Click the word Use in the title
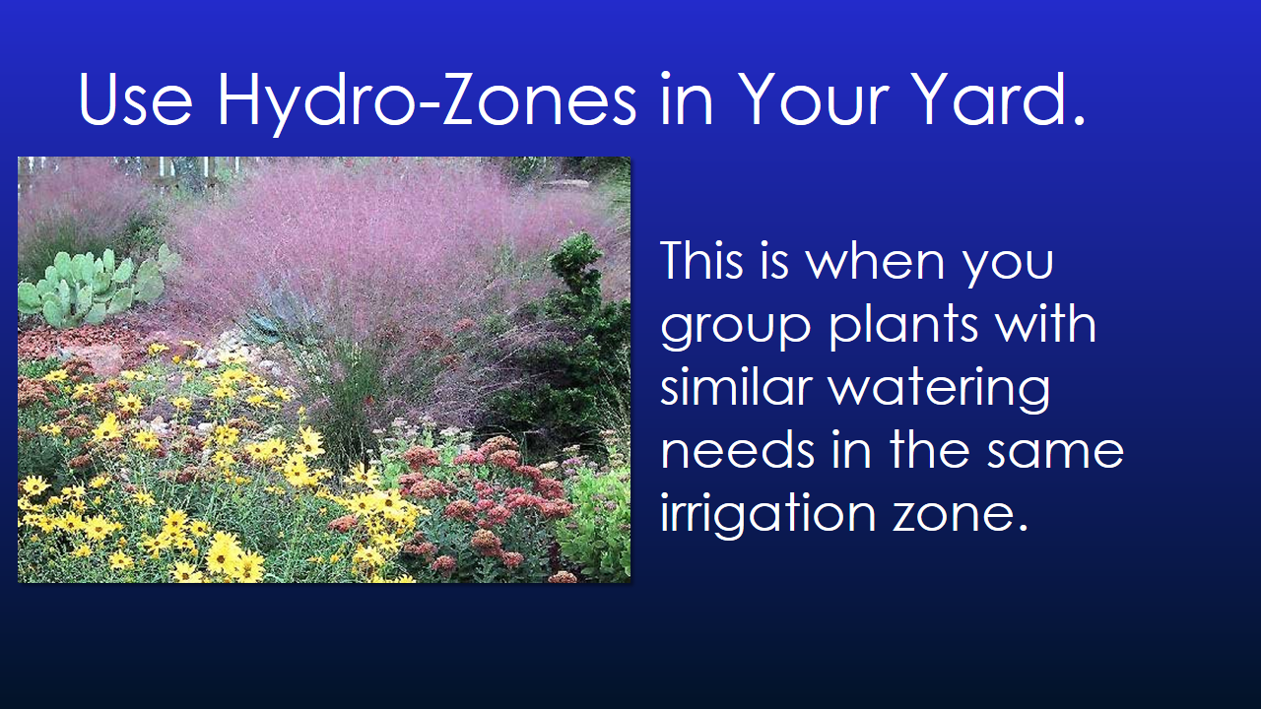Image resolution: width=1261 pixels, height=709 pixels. click(134, 98)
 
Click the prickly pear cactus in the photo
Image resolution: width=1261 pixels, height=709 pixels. click(89, 286)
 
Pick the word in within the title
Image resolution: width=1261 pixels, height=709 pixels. click(686, 98)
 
